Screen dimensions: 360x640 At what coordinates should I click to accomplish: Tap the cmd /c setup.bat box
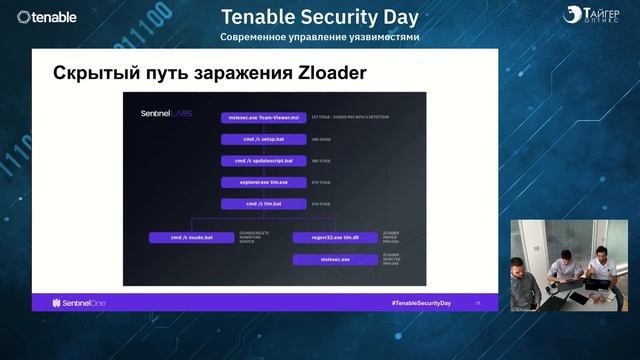(257, 140)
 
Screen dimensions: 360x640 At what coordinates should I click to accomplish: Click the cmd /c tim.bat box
(257, 204)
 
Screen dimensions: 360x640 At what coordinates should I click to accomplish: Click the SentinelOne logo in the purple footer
(71, 302)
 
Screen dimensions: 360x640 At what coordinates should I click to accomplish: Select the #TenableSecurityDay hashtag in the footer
(421, 302)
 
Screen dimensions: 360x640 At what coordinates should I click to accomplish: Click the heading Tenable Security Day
(320, 17)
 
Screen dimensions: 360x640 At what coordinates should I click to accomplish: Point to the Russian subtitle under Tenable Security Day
(320, 37)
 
